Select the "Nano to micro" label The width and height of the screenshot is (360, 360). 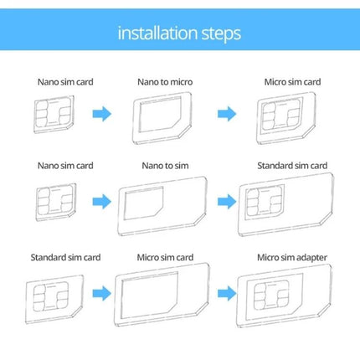162,82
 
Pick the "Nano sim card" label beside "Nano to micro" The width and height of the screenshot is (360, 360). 60,82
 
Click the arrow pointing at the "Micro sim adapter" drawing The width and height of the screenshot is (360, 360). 226,292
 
